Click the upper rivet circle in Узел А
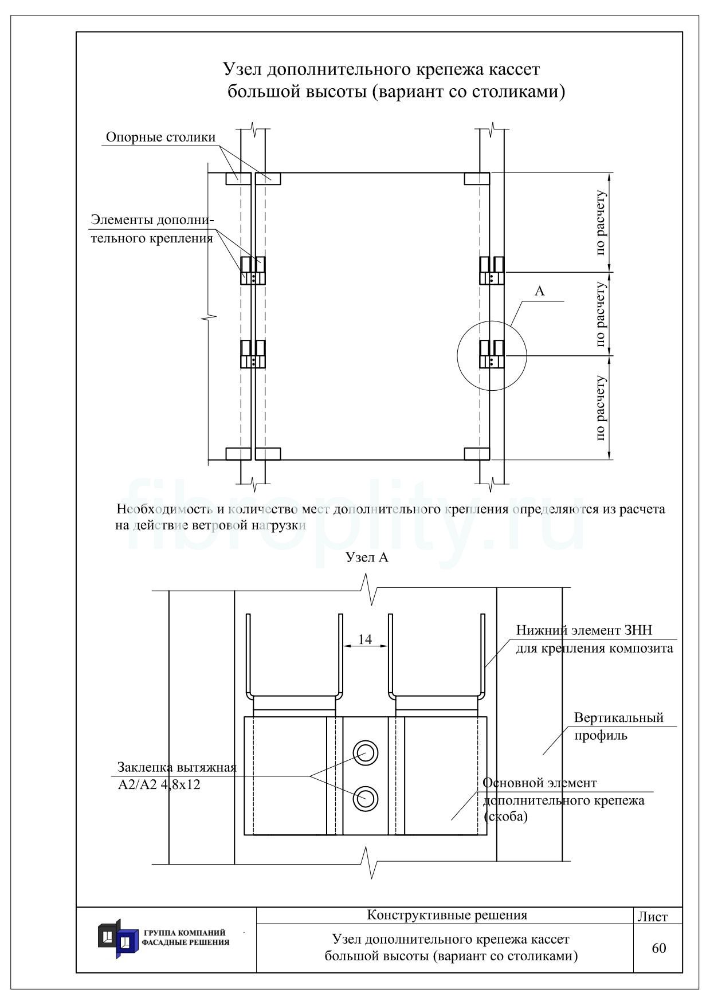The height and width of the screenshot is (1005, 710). (365, 752)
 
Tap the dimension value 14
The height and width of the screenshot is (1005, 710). (365, 639)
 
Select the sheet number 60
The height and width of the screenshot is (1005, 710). (659, 948)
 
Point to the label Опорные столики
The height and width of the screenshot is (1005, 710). (161, 138)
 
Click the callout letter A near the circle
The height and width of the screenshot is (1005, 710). (539, 291)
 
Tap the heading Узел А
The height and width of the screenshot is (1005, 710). (367, 557)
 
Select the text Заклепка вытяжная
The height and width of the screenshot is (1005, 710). (177, 768)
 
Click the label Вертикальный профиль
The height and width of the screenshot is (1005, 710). (619, 727)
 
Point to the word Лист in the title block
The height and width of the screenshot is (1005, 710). (653, 917)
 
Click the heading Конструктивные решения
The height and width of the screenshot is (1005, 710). (447, 915)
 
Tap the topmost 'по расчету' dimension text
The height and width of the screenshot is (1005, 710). (600, 222)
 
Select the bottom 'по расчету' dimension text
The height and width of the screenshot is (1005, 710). (600, 408)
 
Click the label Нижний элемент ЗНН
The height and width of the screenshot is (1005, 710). (585, 631)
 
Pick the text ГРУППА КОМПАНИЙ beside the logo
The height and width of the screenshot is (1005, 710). (184, 933)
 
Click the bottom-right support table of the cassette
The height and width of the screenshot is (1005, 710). (477, 454)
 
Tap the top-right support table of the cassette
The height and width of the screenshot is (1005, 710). (477, 179)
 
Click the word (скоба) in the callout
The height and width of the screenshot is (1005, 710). (506, 817)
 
